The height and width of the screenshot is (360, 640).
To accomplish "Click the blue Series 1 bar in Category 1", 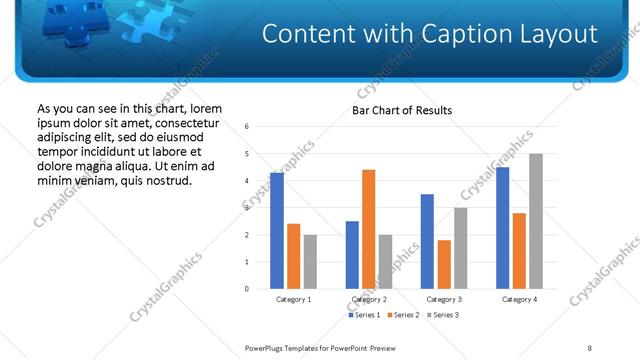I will (x=277, y=231).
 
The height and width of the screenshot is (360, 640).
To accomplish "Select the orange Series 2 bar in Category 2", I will (x=368, y=229).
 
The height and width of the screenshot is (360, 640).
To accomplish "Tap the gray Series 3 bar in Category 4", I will (x=536, y=221).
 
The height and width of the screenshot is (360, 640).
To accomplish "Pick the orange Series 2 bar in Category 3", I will (x=444, y=264).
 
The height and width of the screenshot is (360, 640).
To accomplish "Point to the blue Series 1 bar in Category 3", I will (x=427, y=241).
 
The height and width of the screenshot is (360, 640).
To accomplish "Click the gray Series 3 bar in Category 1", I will (x=310, y=262).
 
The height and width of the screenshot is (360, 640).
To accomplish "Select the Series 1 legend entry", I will (x=365, y=315).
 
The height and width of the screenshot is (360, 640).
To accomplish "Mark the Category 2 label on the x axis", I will (x=369, y=299).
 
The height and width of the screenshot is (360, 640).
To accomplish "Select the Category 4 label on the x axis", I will (x=519, y=299).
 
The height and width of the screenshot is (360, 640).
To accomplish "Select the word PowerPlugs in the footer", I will (x=268, y=347).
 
